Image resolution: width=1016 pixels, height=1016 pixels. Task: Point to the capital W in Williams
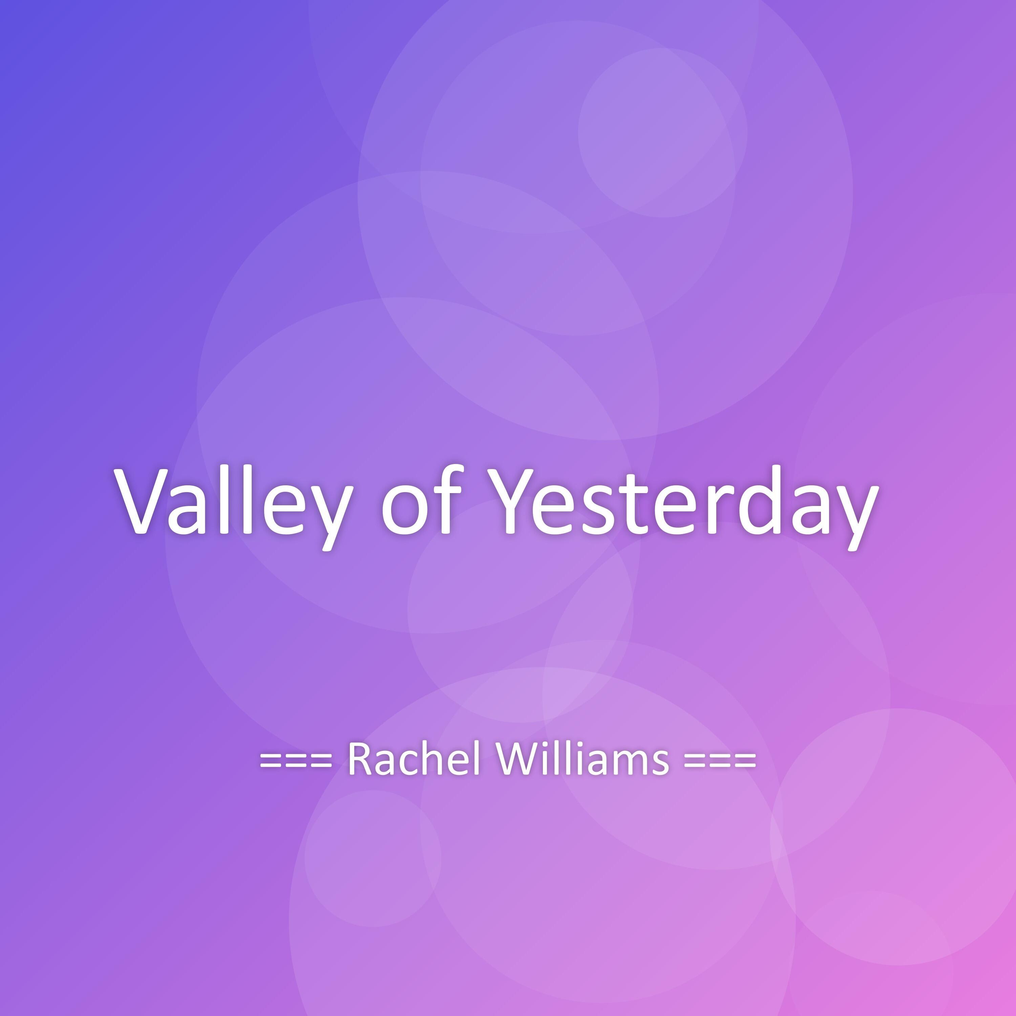[516, 758]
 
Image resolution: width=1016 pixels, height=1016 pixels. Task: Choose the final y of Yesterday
[854, 518]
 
